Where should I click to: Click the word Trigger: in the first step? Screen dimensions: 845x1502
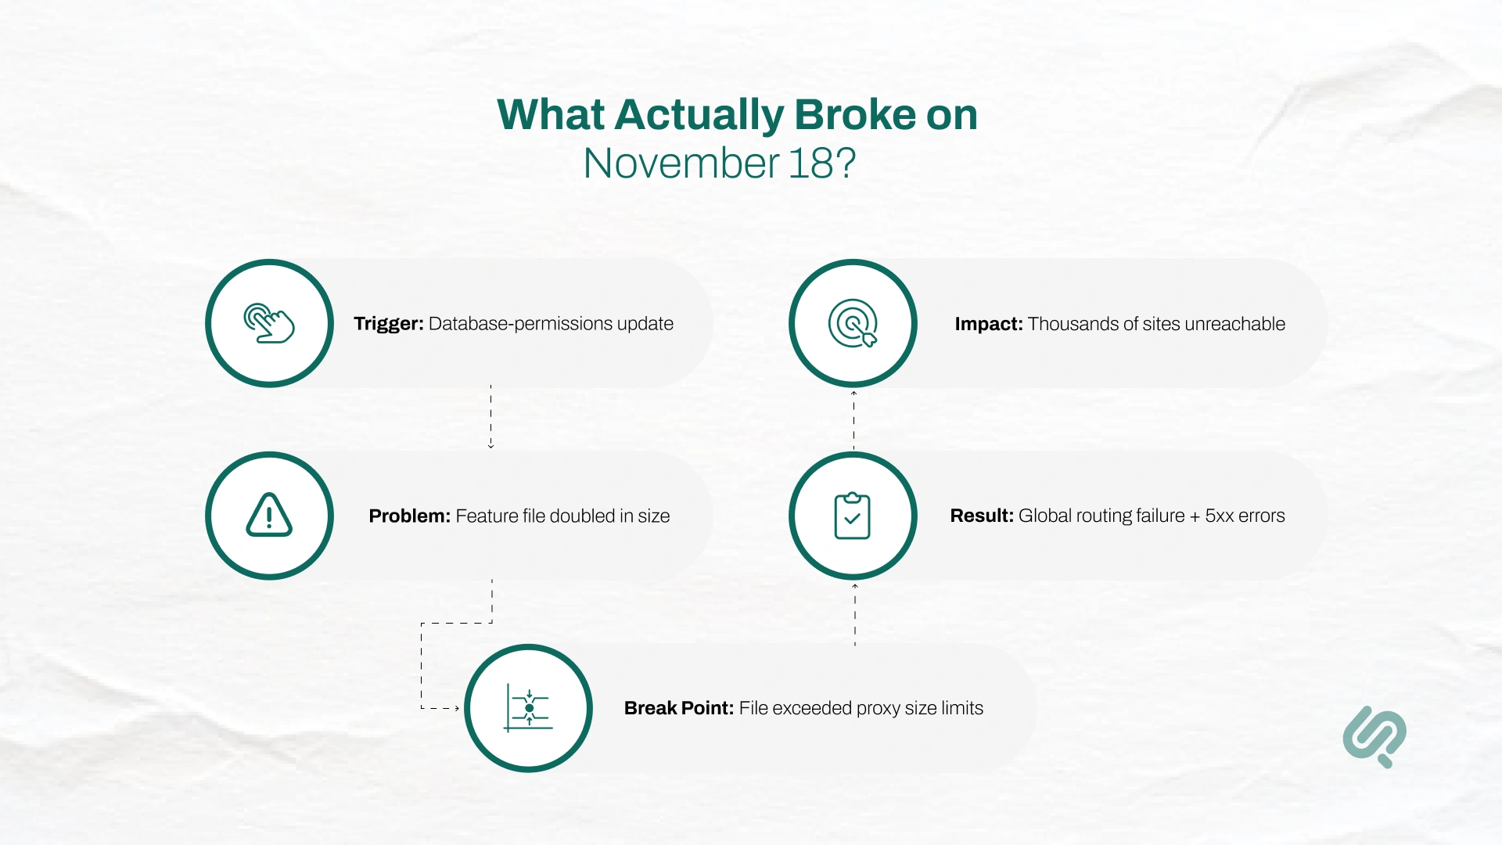click(388, 324)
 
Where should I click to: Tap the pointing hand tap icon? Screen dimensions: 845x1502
click(269, 323)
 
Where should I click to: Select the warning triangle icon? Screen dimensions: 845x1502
click(269, 516)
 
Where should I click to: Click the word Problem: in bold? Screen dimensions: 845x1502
click(409, 516)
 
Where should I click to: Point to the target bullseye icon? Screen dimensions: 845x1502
click(853, 323)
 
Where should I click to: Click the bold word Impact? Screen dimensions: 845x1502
click(988, 324)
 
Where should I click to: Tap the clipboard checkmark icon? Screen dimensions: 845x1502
click(853, 516)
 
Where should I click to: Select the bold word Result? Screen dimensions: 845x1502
click(981, 516)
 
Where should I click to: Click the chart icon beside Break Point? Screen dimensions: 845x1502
click(529, 708)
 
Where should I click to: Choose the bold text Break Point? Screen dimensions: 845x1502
click(678, 708)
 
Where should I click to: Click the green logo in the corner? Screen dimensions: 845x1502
click(1374, 736)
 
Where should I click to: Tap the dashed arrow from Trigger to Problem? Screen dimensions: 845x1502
click(490, 416)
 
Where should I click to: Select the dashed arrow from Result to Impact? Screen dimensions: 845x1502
click(853, 420)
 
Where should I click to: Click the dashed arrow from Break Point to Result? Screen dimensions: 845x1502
click(855, 615)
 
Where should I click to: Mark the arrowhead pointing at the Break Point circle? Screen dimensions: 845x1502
click(457, 708)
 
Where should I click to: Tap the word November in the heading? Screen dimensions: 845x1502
click(681, 164)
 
